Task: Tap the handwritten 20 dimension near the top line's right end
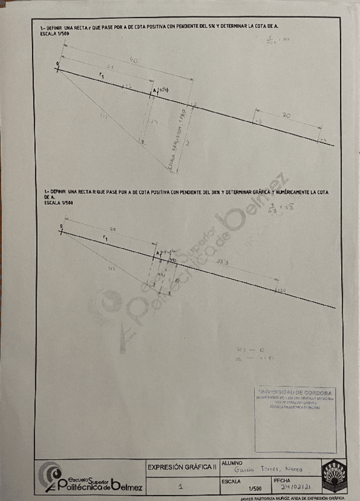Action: pyautogui.click(x=286, y=116)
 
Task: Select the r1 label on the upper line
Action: pyautogui.click(x=103, y=76)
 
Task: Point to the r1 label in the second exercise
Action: pyautogui.click(x=105, y=238)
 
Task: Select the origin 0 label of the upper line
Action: pyautogui.click(x=58, y=63)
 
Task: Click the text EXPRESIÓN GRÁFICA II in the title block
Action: pyautogui.click(x=183, y=467)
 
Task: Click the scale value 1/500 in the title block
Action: pyautogui.click(x=255, y=489)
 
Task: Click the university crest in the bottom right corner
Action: pyautogui.click(x=334, y=476)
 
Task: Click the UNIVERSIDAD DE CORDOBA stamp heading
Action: pyautogui.click(x=295, y=392)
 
